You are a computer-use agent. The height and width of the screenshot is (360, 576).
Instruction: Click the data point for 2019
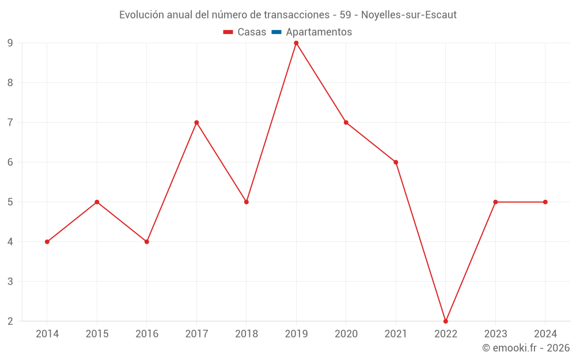[x=296, y=43]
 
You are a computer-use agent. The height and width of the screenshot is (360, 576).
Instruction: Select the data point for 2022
[x=446, y=321]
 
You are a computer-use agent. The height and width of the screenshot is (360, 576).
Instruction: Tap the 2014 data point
[x=47, y=241]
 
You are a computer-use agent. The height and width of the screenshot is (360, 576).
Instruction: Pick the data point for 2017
[x=196, y=122]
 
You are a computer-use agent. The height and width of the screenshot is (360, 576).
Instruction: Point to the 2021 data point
[x=396, y=162]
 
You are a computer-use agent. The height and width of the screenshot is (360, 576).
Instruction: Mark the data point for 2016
[x=147, y=241]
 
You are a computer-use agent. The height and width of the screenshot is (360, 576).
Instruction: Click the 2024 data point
[x=545, y=202]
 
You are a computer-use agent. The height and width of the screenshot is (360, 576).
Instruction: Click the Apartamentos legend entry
[x=319, y=32]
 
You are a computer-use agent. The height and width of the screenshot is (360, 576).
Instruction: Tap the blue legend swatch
[x=276, y=32]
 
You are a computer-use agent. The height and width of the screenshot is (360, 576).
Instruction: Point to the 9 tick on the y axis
[x=10, y=43]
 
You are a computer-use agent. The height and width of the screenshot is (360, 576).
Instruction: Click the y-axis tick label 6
[x=10, y=162]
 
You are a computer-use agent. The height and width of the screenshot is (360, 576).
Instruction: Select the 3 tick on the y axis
[x=10, y=281]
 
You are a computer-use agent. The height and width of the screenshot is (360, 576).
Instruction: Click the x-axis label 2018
[x=247, y=334]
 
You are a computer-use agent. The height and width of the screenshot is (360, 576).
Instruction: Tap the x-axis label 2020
[x=346, y=334]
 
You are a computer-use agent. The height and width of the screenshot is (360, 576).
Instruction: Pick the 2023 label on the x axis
[x=495, y=334]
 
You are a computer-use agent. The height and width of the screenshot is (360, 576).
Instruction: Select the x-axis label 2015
[x=97, y=334]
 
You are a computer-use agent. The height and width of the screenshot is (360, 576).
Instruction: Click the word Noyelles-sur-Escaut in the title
[x=409, y=15]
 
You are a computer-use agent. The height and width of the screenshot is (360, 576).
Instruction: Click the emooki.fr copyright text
[x=526, y=348]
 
